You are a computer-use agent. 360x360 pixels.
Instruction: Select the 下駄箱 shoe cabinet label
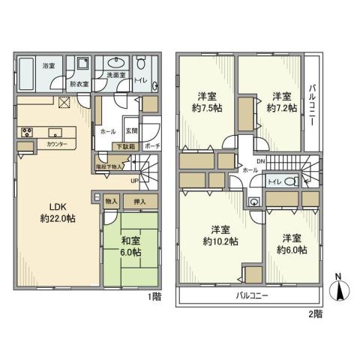tap(124, 146)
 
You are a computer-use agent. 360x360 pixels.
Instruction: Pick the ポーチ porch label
tap(151, 147)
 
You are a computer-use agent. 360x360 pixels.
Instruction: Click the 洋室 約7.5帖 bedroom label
tap(207, 102)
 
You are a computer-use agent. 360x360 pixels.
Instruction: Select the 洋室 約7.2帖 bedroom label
tap(281, 102)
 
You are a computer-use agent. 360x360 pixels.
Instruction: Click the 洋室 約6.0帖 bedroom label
tap(292, 244)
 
